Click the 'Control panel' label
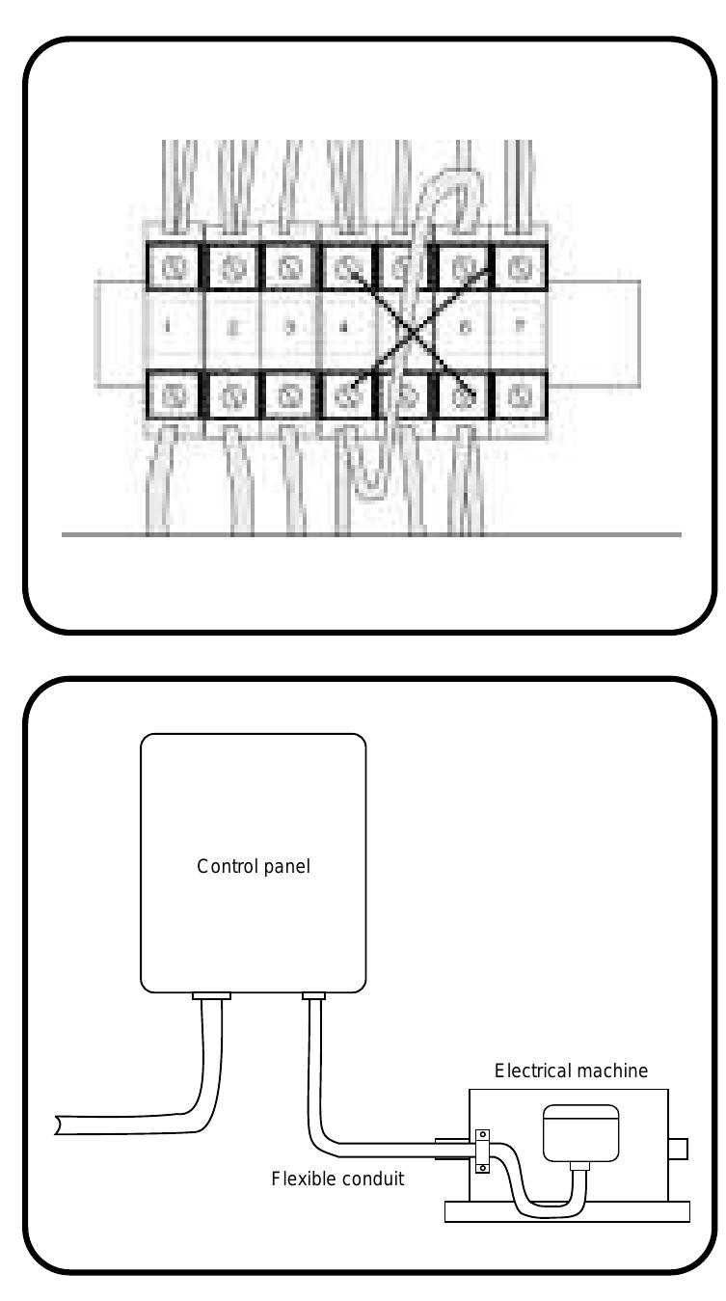[x=253, y=865]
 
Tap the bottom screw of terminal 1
[x=175, y=395]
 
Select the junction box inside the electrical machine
[x=580, y=1131]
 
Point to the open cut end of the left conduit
[x=60, y=1125]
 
